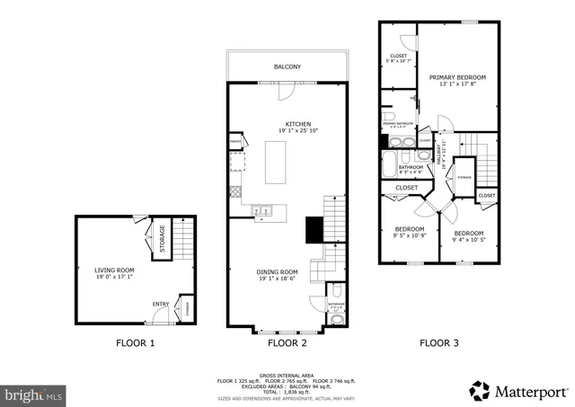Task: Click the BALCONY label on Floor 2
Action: click(x=287, y=66)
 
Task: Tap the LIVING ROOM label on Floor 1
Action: click(x=114, y=269)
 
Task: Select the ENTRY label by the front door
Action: click(x=160, y=304)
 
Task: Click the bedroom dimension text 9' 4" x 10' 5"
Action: click(x=462, y=239)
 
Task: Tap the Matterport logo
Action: click(x=519, y=391)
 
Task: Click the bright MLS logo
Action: click(x=34, y=394)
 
